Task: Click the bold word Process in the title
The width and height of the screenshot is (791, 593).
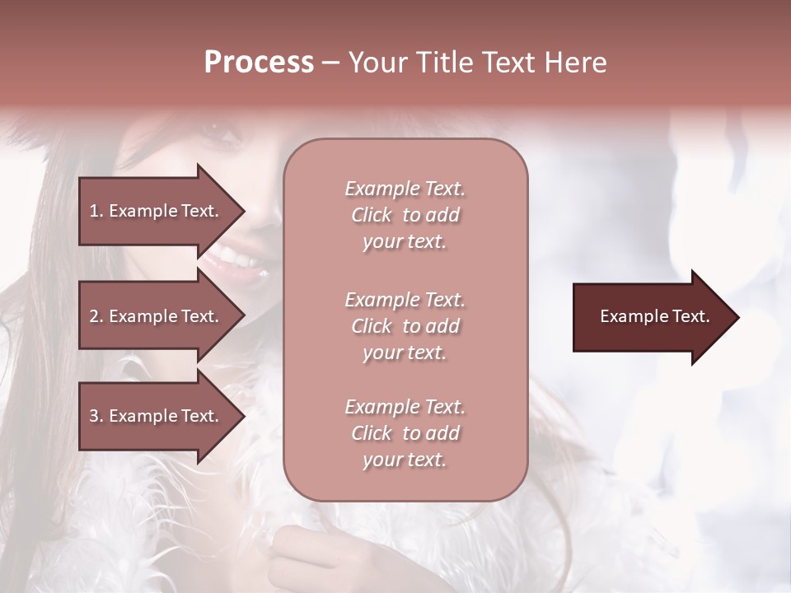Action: pos(259,63)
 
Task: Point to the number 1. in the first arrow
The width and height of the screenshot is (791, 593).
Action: pos(96,211)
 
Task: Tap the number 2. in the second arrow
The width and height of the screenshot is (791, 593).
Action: pos(96,316)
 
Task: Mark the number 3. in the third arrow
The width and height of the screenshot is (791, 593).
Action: pos(96,416)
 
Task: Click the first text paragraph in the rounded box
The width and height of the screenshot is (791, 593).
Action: pos(405,215)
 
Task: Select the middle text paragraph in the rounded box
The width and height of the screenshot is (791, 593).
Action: pos(405,326)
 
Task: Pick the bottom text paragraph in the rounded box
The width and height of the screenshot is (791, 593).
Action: pos(405,433)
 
